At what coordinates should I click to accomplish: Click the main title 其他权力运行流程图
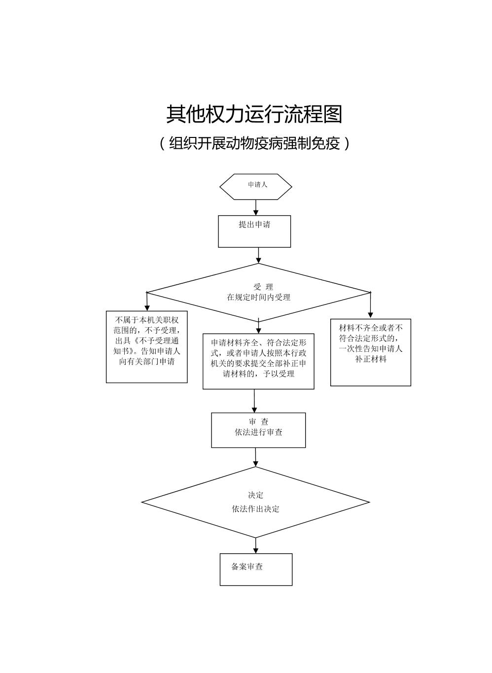point(254,114)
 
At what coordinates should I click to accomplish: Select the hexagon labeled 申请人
point(255,187)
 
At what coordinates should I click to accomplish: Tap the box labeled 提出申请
point(254,231)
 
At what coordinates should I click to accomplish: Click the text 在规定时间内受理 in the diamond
point(258,297)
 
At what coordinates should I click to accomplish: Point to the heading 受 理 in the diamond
point(263,287)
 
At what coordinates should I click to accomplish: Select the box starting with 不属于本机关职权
point(147,346)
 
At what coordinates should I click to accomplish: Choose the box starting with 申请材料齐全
point(258,361)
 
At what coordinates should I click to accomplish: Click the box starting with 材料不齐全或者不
point(370,352)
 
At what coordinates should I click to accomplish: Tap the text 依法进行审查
point(258,432)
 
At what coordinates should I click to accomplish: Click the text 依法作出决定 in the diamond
point(255,509)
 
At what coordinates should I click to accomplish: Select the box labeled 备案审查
point(256,569)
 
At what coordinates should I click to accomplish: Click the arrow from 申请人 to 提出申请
point(255,207)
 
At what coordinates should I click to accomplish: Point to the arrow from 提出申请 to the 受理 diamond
point(258,255)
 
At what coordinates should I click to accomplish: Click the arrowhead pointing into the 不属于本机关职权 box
point(147,307)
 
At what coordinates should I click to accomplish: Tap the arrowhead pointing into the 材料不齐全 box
point(370,315)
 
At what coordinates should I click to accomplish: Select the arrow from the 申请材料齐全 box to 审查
point(254,401)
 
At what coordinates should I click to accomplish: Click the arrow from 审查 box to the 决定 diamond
point(255,457)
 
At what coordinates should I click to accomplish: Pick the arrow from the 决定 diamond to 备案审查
point(255,545)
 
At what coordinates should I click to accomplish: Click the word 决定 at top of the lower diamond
point(255,495)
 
